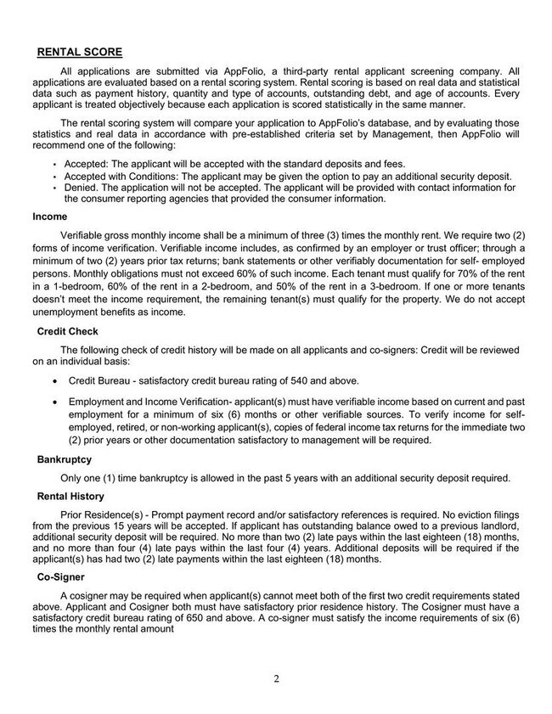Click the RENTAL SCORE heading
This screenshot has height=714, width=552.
80,52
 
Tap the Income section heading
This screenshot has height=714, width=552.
49,216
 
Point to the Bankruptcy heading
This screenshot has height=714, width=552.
65,458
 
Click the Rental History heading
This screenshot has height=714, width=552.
71,496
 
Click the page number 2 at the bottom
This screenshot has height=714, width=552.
276,678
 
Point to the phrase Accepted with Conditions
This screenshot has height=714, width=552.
123,176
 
